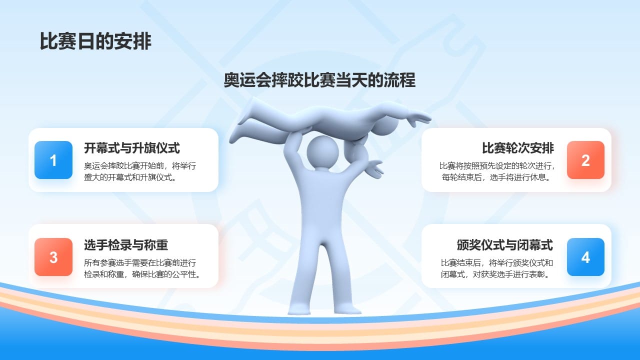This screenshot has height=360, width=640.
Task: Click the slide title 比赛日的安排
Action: click(95, 41)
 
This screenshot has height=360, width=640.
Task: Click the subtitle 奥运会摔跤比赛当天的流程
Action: click(319, 80)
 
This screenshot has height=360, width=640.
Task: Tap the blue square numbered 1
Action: click(53, 160)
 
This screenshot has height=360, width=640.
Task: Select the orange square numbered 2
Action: click(585, 160)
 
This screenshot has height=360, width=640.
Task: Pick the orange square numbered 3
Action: click(53, 257)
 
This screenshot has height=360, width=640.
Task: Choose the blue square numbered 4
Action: click(585, 257)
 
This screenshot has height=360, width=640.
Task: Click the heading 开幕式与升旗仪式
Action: click(131, 148)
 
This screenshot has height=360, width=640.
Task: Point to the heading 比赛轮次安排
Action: click(517, 148)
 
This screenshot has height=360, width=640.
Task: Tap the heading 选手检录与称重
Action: click(126, 245)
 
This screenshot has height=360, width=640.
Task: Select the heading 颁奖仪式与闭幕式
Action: click(504, 245)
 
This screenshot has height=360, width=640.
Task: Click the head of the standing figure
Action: click(322, 152)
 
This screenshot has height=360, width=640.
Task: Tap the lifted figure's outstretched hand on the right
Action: click(418, 118)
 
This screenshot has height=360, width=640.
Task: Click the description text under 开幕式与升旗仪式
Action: click(140, 171)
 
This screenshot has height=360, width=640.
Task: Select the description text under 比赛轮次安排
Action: click(496, 171)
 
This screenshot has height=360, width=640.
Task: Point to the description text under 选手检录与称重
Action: click(142, 268)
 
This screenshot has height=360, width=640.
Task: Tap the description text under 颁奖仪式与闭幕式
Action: click(496, 268)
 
